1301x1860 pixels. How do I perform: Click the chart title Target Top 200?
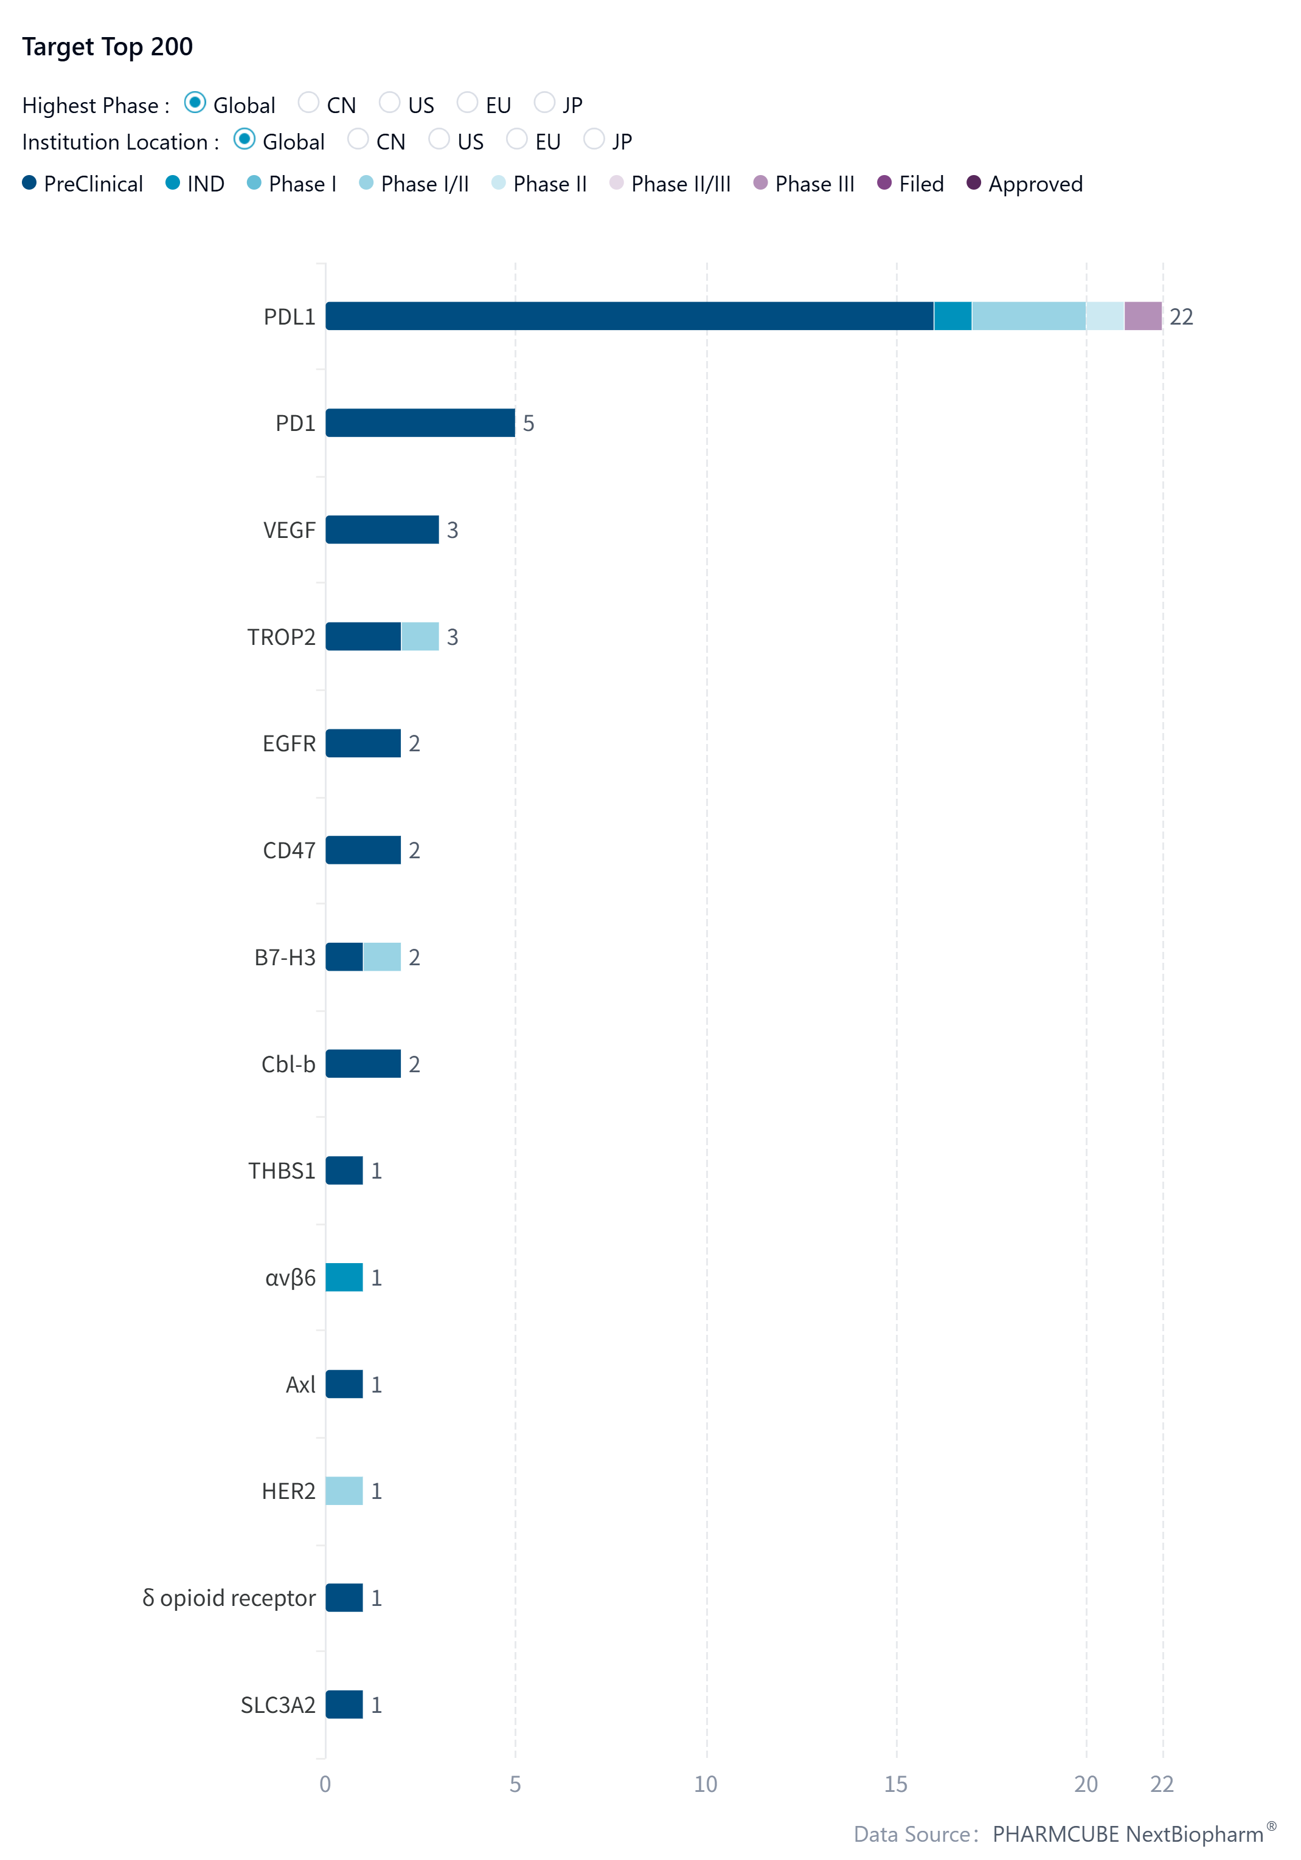point(107,47)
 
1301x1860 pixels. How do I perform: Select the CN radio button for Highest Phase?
point(308,103)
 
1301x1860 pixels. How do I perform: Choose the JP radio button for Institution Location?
point(594,139)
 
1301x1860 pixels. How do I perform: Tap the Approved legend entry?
point(1025,184)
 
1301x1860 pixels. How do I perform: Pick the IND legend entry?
point(195,184)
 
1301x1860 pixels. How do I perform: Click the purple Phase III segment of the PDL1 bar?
point(1143,316)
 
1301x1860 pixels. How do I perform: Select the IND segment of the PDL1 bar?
point(952,316)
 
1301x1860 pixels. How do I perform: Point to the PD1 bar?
point(420,423)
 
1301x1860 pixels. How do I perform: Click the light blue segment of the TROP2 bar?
point(420,637)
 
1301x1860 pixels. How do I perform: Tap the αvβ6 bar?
point(344,1278)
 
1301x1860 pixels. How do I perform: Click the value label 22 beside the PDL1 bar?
point(1181,317)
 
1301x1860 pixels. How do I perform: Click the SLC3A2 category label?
point(278,1704)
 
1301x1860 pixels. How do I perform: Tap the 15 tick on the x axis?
point(896,1784)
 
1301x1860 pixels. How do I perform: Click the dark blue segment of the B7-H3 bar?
point(344,957)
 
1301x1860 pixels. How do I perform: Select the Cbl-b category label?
point(288,1064)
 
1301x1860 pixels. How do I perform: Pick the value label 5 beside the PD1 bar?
point(529,424)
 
